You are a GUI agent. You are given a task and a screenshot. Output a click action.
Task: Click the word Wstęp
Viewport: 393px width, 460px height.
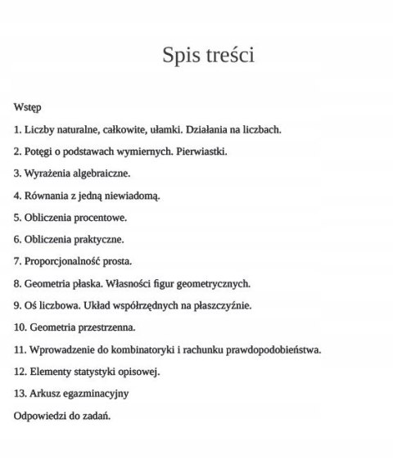28,107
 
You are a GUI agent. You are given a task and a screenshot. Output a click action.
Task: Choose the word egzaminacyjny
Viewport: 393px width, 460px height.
96,394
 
